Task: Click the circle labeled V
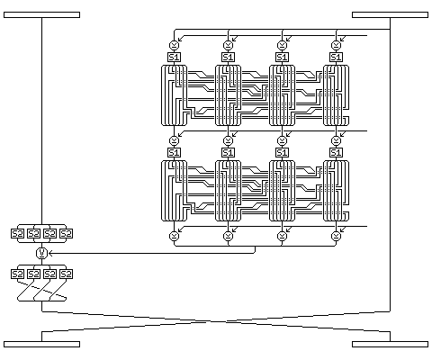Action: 41,254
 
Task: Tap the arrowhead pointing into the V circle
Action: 50,254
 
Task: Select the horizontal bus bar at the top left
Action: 41,15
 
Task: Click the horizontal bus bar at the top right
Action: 390,15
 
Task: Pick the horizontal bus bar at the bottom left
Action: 41,344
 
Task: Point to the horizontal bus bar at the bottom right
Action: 390,344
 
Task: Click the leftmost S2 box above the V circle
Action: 17,234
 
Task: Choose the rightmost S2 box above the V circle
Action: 66,234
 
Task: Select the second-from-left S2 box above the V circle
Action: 33,234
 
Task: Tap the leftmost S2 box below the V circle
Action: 17,274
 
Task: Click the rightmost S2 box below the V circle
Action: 66,274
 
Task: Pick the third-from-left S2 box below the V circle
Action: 49,274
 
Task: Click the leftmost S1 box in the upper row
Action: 174,57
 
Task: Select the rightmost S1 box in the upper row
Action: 336,57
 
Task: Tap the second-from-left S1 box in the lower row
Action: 228,153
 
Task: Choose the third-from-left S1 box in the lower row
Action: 282,153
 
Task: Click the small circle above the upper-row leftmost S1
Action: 174,46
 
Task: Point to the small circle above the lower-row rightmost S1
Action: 336,140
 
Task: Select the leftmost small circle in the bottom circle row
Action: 174,237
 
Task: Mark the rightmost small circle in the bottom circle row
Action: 336,237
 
